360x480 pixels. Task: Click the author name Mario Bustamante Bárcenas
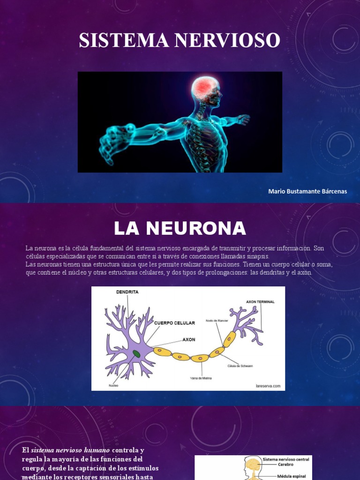point(307,192)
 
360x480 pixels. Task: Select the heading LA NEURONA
point(180,228)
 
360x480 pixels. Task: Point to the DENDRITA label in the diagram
point(127,292)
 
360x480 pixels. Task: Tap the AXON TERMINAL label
point(260,302)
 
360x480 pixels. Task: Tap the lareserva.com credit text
point(268,386)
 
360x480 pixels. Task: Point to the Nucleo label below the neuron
point(113,385)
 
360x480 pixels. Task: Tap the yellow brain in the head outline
point(253,465)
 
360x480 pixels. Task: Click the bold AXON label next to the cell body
point(189,339)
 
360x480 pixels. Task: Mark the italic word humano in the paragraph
point(97,450)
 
